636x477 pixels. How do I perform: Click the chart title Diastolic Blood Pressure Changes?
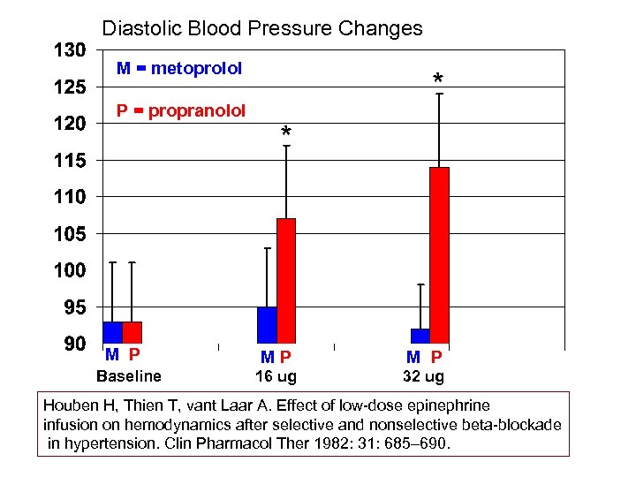(262, 28)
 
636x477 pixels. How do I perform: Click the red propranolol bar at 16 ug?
(286, 280)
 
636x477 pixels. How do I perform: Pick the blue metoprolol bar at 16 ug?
(267, 324)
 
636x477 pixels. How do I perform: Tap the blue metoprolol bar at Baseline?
(112, 332)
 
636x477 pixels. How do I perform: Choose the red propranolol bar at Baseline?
(132, 332)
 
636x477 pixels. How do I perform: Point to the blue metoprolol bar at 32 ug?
(420, 336)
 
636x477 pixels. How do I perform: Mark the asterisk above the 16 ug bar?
(285, 133)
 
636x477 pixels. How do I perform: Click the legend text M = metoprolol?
(179, 68)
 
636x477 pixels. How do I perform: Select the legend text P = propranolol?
(181, 110)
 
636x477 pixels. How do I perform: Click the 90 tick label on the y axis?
(75, 344)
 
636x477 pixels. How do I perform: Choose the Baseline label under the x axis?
(129, 376)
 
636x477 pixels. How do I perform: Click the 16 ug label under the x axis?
(276, 376)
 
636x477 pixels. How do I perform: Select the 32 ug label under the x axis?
(423, 376)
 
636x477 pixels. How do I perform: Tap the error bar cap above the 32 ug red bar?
(439, 94)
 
